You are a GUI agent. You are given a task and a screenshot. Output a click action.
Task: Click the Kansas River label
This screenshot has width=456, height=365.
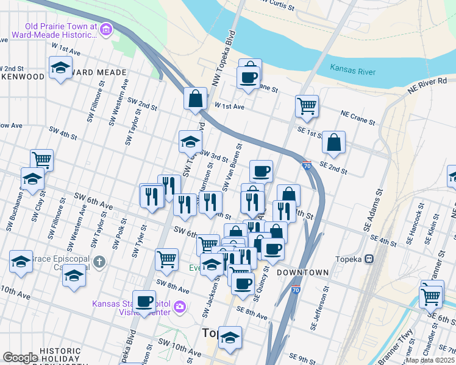[353, 71]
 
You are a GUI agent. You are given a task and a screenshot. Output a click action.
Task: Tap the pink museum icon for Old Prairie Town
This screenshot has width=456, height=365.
[106, 29]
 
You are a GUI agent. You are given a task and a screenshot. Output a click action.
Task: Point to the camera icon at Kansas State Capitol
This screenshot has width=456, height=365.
[179, 306]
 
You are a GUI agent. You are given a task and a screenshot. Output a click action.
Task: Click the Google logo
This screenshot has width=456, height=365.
[20, 358]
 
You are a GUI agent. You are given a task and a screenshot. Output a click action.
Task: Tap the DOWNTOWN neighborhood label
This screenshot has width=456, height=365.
[303, 273]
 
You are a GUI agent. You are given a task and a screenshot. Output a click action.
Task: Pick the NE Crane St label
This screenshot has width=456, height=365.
[358, 117]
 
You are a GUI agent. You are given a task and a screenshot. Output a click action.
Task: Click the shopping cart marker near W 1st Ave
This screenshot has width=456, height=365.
[307, 105]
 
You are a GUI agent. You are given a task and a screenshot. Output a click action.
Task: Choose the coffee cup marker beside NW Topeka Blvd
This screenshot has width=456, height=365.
[248, 77]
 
